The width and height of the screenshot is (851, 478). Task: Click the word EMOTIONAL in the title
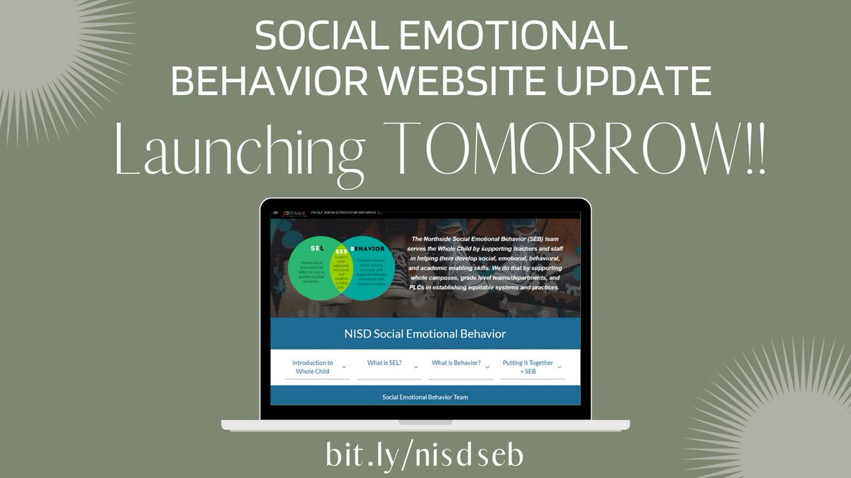523,36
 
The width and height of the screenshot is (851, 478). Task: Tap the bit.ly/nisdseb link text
424,455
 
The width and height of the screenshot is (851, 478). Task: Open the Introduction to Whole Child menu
312,367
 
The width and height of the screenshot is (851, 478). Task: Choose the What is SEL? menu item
384,363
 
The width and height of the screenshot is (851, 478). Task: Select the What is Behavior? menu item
456,363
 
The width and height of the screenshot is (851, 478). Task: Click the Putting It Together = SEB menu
528,367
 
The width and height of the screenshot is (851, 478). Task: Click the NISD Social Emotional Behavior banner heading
425,333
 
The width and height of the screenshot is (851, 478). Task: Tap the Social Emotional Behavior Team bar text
425,397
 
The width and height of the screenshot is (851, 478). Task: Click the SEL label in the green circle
317,249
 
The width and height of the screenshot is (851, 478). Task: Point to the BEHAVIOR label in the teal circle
371,249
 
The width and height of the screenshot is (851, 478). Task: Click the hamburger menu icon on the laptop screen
276,212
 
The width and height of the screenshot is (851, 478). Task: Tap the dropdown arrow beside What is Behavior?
488,366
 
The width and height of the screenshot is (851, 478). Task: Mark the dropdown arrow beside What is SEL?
416,366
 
